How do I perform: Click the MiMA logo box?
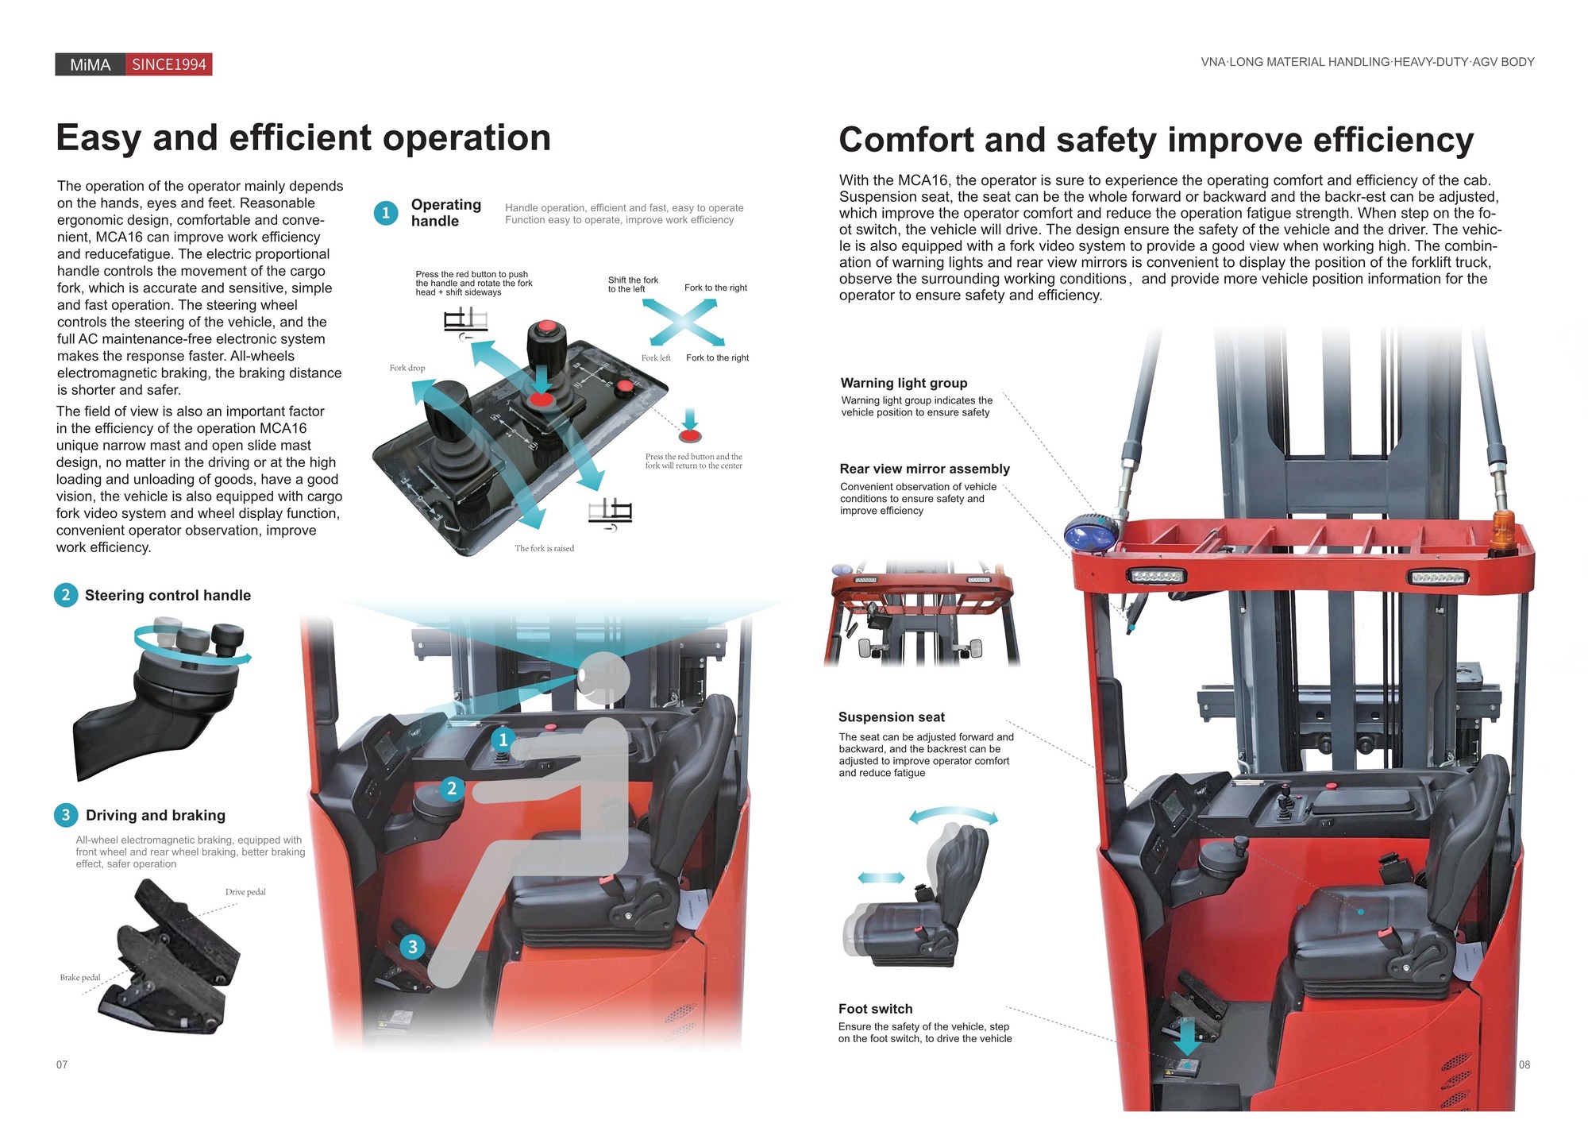click(90, 64)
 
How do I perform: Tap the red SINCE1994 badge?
click(168, 64)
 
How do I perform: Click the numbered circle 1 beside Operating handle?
click(386, 213)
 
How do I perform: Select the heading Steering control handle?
click(168, 595)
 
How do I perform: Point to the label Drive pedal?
click(245, 892)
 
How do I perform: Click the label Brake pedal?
click(80, 978)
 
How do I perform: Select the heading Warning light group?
click(904, 383)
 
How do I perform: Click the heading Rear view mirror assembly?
click(925, 469)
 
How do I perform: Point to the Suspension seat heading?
click(892, 717)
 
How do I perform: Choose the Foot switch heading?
click(876, 1009)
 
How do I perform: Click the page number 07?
click(62, 1064)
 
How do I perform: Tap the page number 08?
click(1524, 1064)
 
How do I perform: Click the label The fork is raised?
click(544, 548)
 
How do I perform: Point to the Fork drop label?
click(407, 368)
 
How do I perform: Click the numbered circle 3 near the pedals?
click(412, 947)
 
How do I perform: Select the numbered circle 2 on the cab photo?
click(452, 788)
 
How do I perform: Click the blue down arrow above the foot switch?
click(1187, 1037)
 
